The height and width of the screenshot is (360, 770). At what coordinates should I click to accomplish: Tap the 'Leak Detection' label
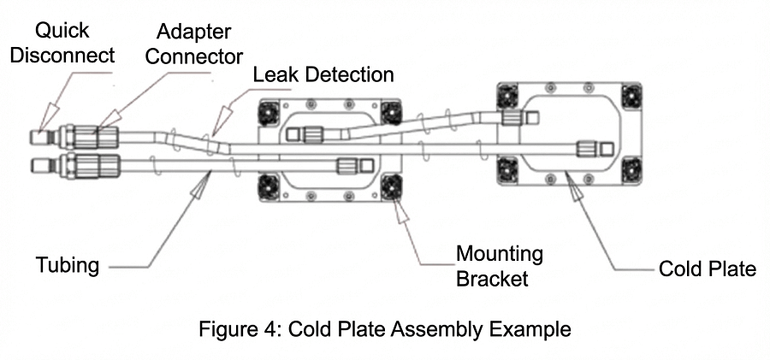coord(323,74)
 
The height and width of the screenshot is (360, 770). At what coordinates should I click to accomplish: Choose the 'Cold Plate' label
coord(707,269)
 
